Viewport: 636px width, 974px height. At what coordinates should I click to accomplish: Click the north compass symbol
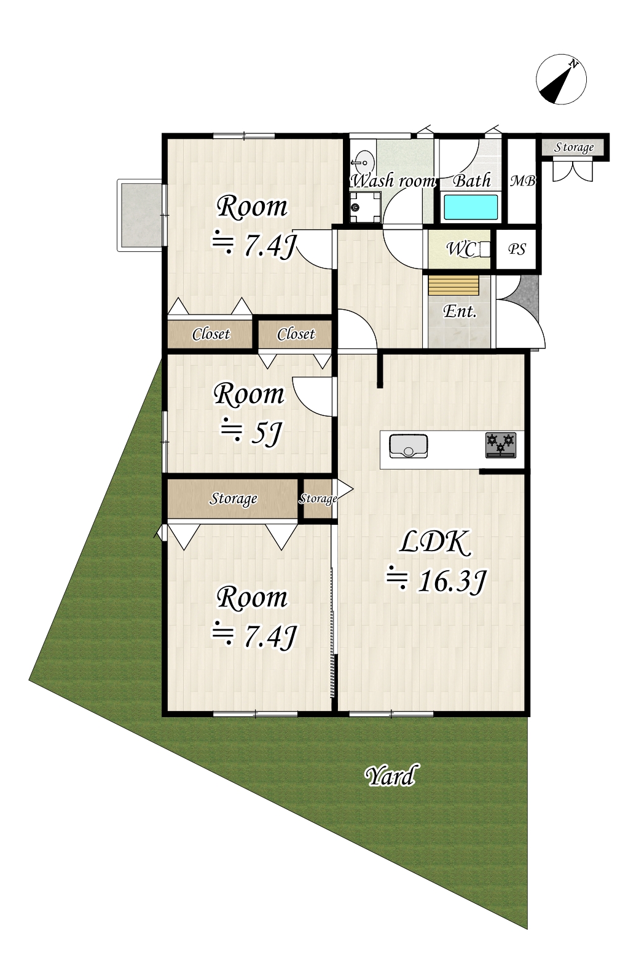[561, 80]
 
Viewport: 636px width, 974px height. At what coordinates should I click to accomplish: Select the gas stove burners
[501, 445]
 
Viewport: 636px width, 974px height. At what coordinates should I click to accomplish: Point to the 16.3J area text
[438, 581]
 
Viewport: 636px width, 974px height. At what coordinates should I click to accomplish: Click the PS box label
[517, 249]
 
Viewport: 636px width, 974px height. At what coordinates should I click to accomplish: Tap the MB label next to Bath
[523, 181]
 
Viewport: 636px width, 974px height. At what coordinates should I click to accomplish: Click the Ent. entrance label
[460, 312]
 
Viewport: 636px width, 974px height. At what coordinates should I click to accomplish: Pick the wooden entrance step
[453, 286]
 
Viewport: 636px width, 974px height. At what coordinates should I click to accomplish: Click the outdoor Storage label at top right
[574, 147]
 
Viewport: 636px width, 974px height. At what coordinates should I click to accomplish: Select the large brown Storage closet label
[234, 498]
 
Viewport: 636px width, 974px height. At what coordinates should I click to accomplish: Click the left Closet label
[211, 334]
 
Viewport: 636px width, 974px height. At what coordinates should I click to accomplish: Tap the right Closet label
[296, 334]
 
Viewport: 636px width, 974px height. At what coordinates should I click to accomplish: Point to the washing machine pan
[365, 207]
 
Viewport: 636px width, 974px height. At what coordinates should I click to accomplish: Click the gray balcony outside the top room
[140, 214]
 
